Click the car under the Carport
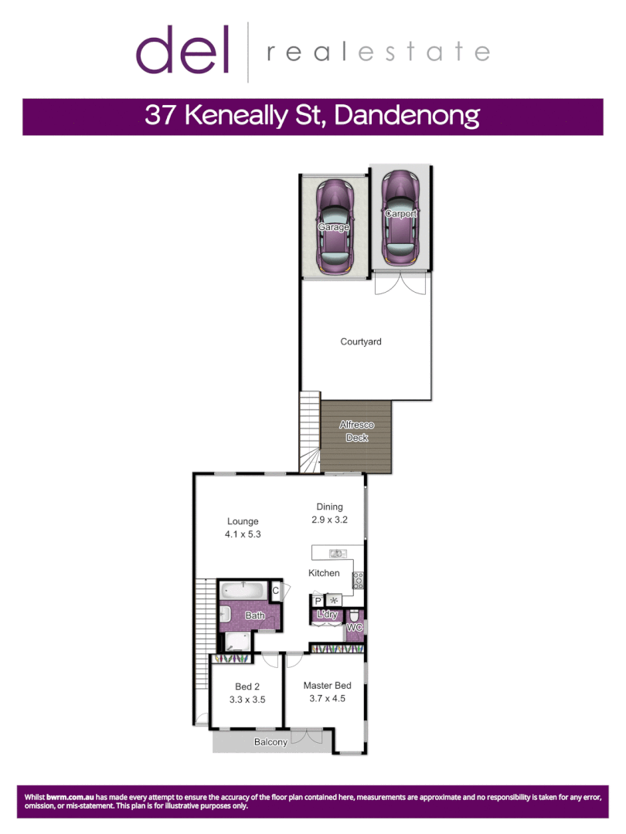coord(400,217)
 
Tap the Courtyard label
coord(361,341)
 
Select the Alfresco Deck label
coord(356,431)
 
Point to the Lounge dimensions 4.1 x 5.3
coord(243,534)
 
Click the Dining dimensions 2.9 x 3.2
coord(329,520)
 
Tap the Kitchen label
coord(324,573)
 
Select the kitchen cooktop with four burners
coord(358,579)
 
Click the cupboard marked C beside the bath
coord(275,591)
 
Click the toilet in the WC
coord(355,615)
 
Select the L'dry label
coord(328,615)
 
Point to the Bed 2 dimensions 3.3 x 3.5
coord(247,700)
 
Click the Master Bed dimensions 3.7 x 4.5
coord(327,699)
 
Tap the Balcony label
coord(270,742)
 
